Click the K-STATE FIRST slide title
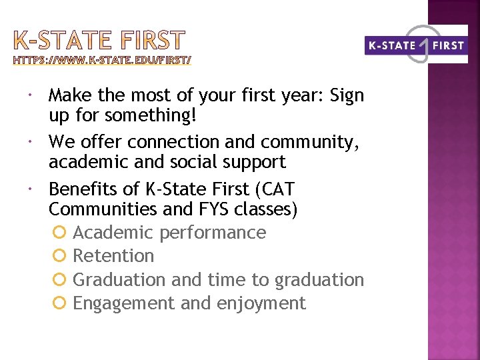99,41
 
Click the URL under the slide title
102,61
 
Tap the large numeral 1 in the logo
423,43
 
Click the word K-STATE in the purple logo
391,46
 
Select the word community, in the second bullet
313,142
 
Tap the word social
216,162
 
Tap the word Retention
113,256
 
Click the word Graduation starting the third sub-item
119,279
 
